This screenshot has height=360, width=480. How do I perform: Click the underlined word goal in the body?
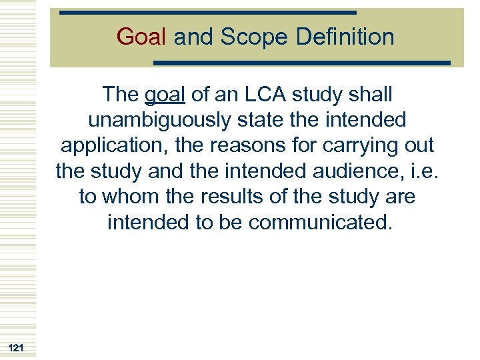coord(164,96)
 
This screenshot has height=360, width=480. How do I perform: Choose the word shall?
coord(368,95)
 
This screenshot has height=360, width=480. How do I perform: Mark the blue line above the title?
coord(207,13)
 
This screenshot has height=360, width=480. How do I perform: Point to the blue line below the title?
coord(302,63)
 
